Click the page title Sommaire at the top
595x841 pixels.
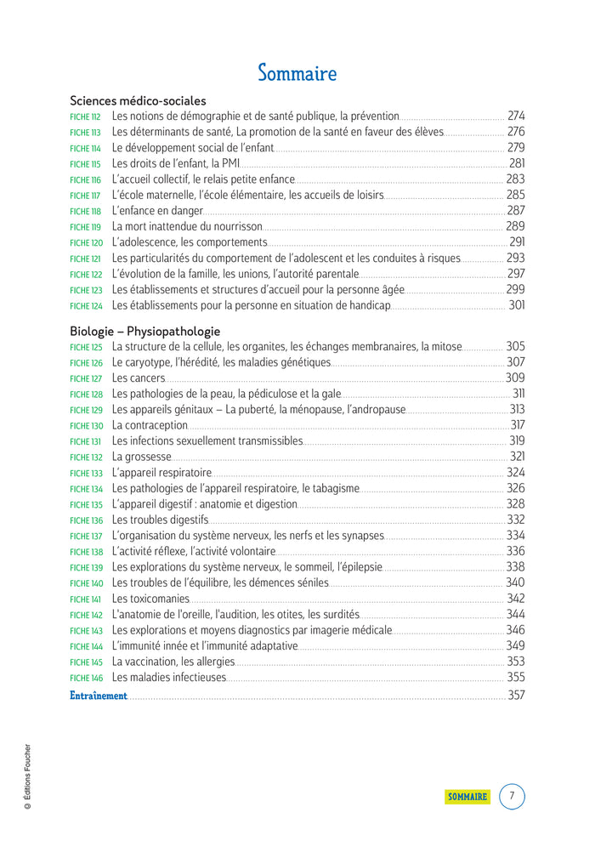(297, 73)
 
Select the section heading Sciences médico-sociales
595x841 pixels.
(138, 100)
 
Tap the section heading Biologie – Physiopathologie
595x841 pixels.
(144, 331)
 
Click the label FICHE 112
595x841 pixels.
(85, 117)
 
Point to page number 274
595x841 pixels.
(516, 116)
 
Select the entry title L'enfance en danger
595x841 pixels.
(157, 211)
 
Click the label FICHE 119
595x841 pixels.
(85, 228)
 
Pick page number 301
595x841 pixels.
(516, 305)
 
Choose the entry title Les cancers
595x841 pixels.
(139, 378)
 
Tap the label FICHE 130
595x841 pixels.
(86, 426)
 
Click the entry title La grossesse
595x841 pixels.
(142, 457)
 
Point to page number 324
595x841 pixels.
(515, 472)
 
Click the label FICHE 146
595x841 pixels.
(86, 679)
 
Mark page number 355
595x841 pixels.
(515, 678)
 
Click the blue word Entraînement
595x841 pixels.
(99, 696)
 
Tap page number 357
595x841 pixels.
(516, 696)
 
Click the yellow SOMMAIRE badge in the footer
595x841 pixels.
(467, 797)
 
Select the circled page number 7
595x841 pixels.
(512, 797)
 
